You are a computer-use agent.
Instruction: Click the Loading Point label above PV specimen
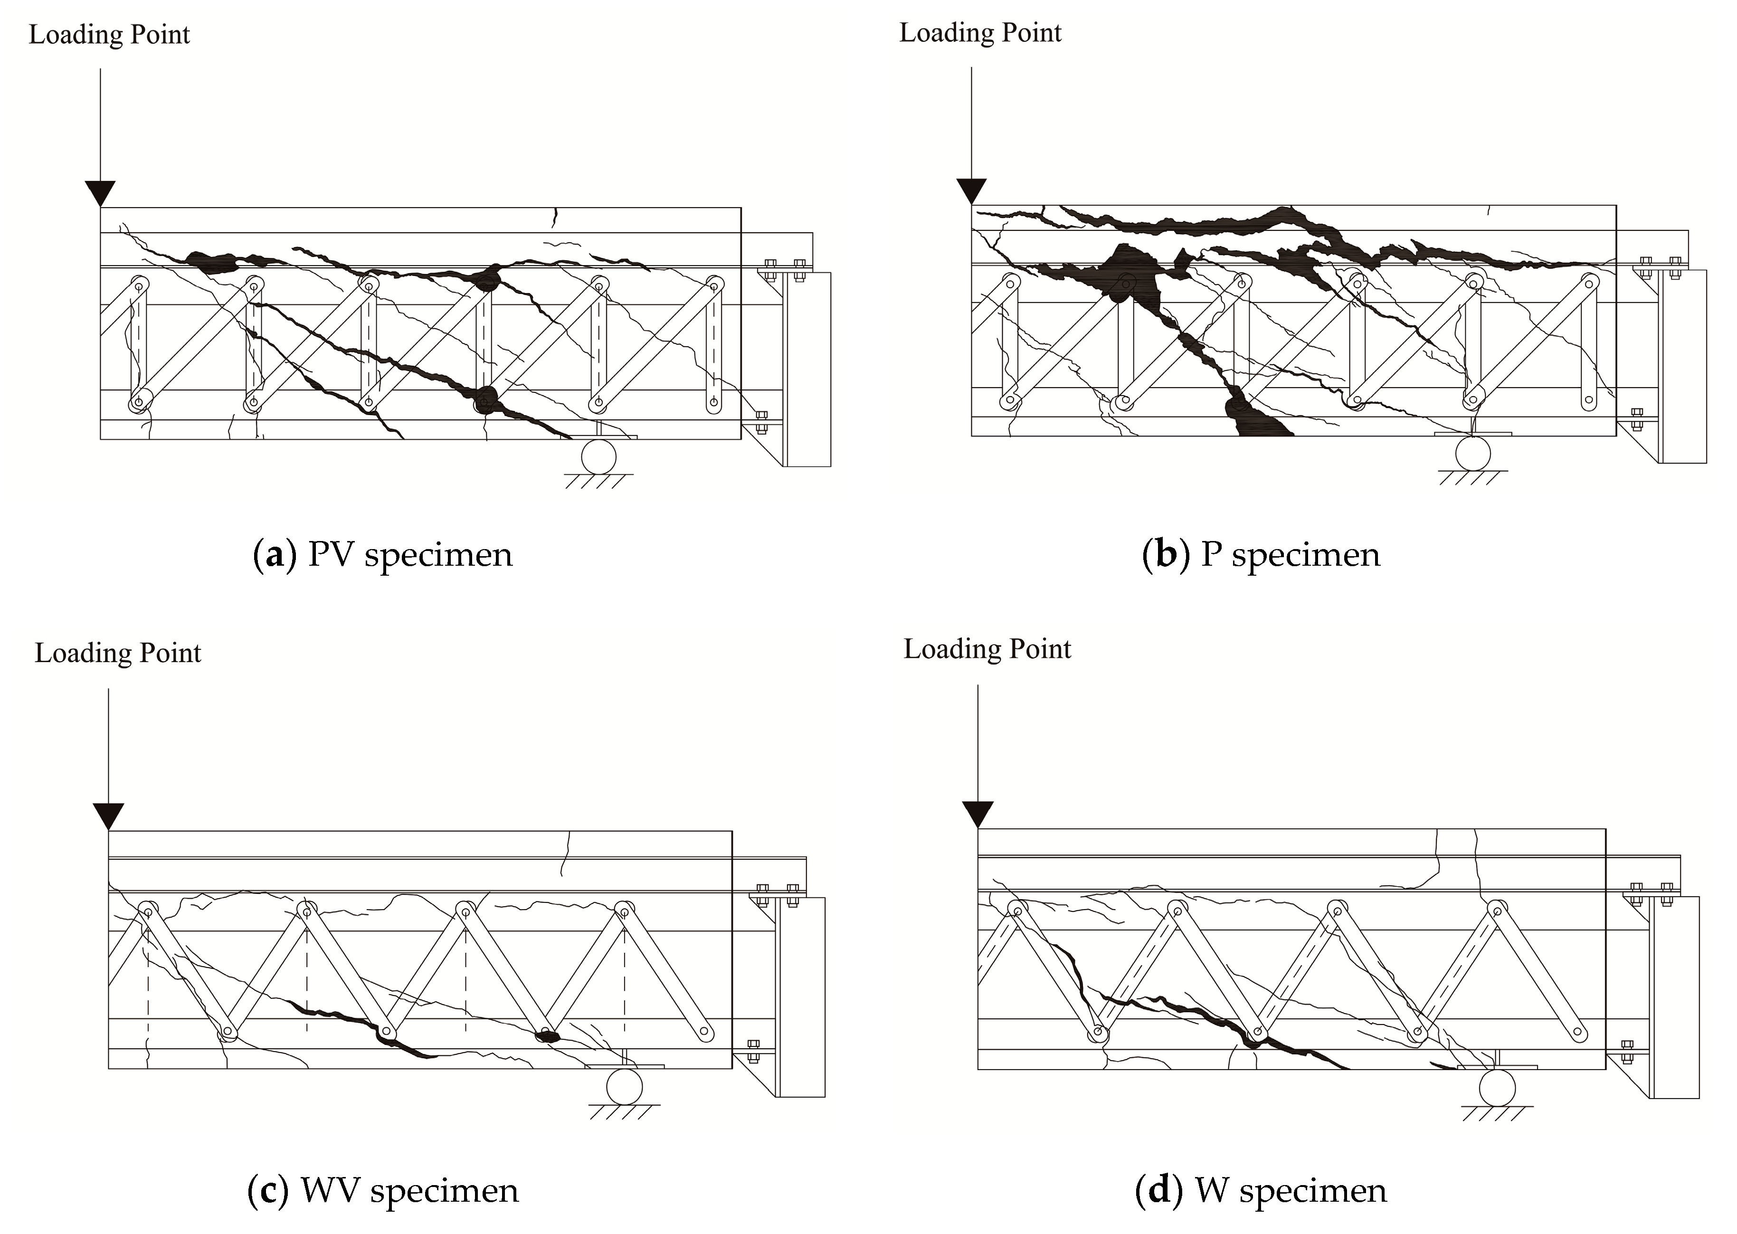point(109,35)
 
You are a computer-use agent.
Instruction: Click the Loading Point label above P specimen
point(980,33)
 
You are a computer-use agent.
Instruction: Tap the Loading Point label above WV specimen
point(118,654)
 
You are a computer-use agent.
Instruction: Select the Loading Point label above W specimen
point(987,650)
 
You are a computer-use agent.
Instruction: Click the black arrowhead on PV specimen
point(100,192)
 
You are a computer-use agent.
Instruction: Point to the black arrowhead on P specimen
point(971,190)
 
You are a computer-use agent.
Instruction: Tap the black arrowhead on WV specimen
point(109,816)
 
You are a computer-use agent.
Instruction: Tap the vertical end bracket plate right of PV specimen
point(808,369)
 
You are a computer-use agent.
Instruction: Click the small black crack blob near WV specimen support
point(546,1035)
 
